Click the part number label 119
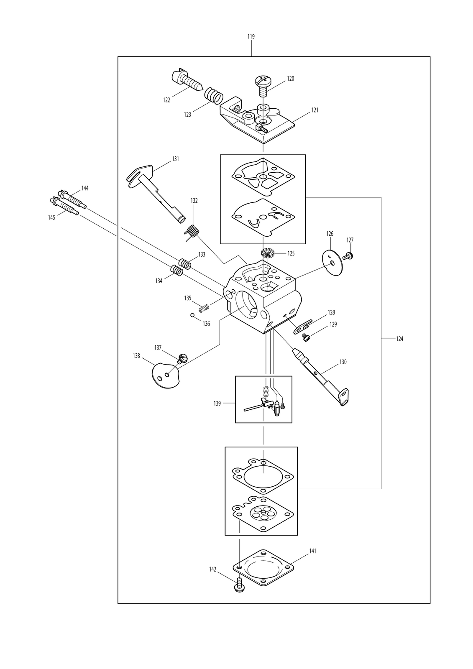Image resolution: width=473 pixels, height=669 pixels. coord(251,37)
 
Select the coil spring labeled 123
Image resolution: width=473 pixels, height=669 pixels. coord(214,96)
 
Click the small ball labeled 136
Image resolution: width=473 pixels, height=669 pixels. coord(193,315)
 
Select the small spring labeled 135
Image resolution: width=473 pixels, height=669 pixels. coord(204,309)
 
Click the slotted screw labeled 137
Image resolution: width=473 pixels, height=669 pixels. coord(182,358)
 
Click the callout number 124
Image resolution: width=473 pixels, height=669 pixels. coord(399,339)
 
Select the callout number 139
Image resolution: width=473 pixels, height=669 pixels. coord(217,403)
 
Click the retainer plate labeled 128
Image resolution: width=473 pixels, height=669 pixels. coord(302,325)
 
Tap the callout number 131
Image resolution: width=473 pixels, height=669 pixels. coord(175,159)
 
